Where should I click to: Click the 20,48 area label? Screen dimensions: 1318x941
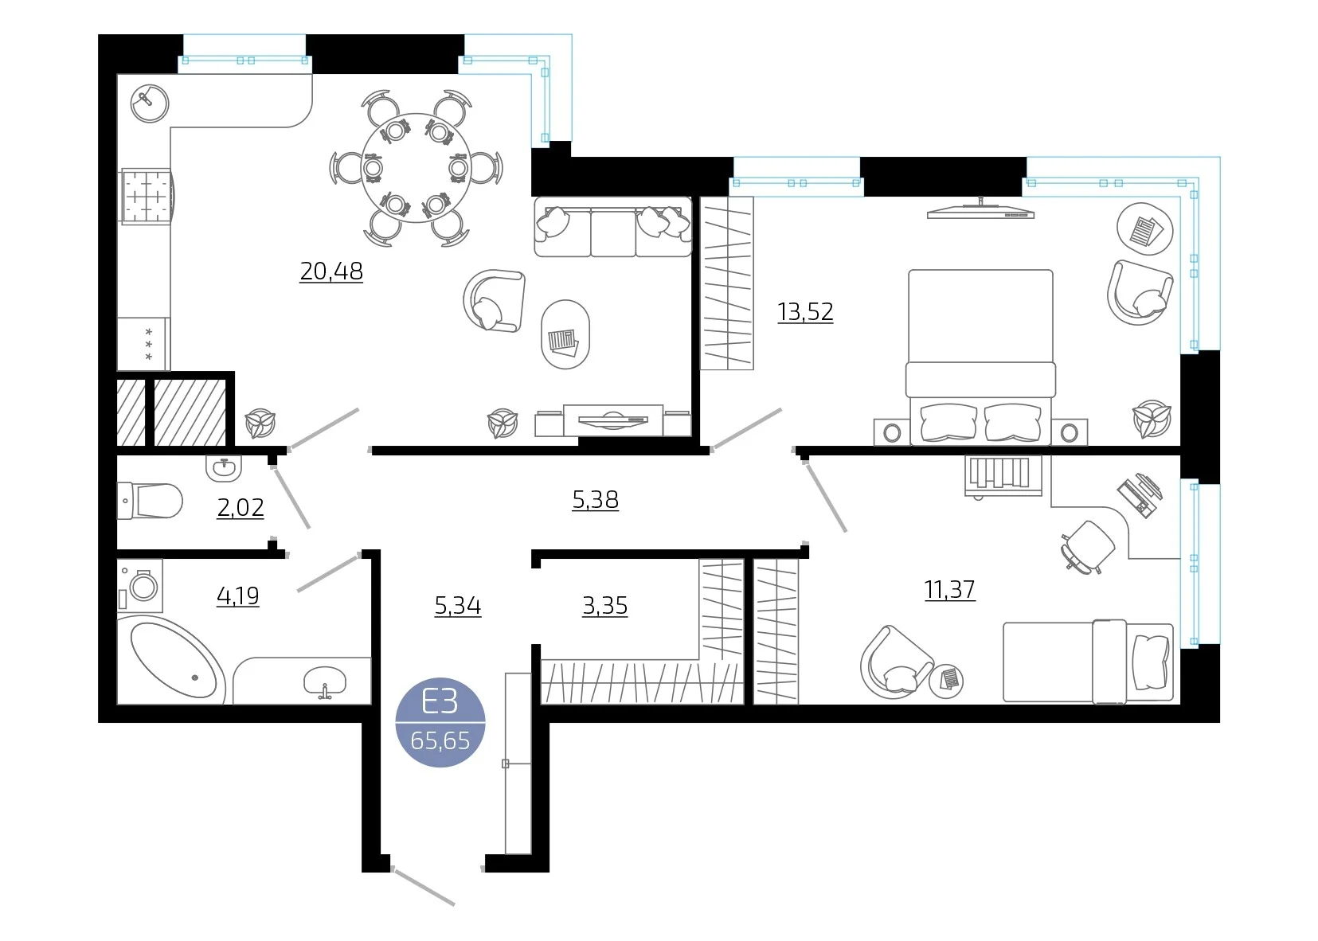331,271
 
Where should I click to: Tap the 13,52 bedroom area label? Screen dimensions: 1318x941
805,312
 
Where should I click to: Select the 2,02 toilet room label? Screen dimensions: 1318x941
240,508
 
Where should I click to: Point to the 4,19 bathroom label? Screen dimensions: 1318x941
237,596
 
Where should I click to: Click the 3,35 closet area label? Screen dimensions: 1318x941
605,606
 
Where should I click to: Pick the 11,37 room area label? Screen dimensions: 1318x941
949,589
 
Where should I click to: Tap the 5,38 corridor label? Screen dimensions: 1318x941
595,500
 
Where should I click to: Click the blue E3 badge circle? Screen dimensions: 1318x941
440,722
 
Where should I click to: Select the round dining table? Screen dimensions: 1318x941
416,168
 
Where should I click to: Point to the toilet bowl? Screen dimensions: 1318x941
150,501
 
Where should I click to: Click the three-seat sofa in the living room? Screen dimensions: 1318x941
612,226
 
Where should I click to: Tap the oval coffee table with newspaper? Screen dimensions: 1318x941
565,334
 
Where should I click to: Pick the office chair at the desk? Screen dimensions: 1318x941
1089,547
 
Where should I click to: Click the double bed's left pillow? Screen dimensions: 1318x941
948,422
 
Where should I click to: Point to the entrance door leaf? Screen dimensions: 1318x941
422,886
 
